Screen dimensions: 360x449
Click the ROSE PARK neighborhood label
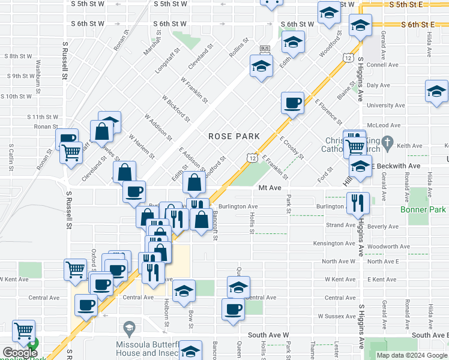point(234,136)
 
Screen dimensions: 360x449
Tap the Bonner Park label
point(424,209)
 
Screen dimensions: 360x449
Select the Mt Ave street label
point(270,188)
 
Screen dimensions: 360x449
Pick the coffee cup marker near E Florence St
point(292,103)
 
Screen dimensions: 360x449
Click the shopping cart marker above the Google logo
point(23,331)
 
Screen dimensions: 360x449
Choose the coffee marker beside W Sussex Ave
point(233,310)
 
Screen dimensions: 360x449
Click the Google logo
point(19,353)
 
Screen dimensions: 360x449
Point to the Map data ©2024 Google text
point(411,355)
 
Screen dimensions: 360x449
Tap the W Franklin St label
point(193,90)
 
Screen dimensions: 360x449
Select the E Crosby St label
point(292,148)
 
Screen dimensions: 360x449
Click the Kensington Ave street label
point(334,244)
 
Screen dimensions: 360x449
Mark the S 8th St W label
point(18,56)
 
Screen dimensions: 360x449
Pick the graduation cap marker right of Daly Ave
point(436,91)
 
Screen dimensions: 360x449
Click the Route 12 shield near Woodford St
point(348,57)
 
